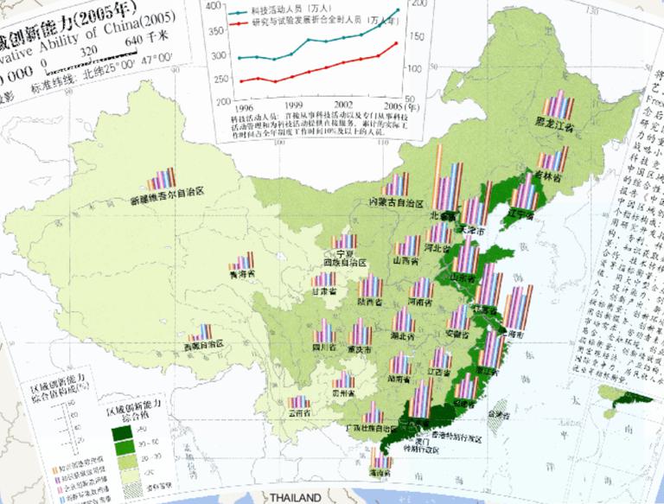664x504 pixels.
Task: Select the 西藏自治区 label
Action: pyautogui.click(x=203, y=345)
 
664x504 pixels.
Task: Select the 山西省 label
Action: pyautogui.click(x=405, y=259)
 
